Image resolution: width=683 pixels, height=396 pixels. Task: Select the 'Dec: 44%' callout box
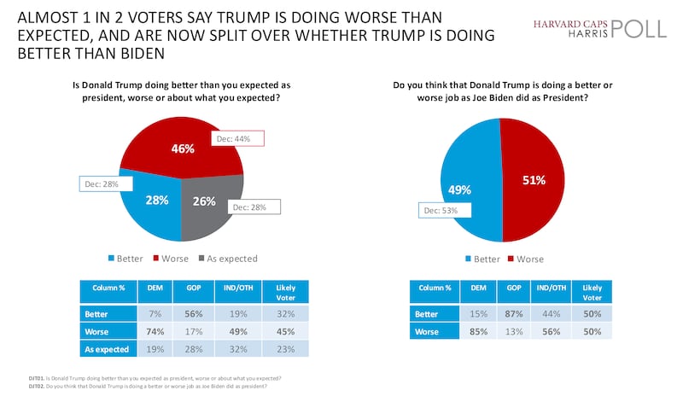pos(239,139)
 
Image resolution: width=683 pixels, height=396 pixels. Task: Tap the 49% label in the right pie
pos(452,190)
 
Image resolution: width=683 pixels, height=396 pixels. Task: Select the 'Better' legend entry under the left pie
pos(127,259)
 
